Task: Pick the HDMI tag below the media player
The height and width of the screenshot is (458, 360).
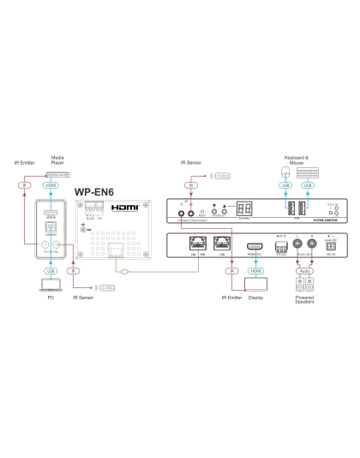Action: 51,184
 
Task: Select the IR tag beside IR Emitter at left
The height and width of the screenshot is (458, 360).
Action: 25,184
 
